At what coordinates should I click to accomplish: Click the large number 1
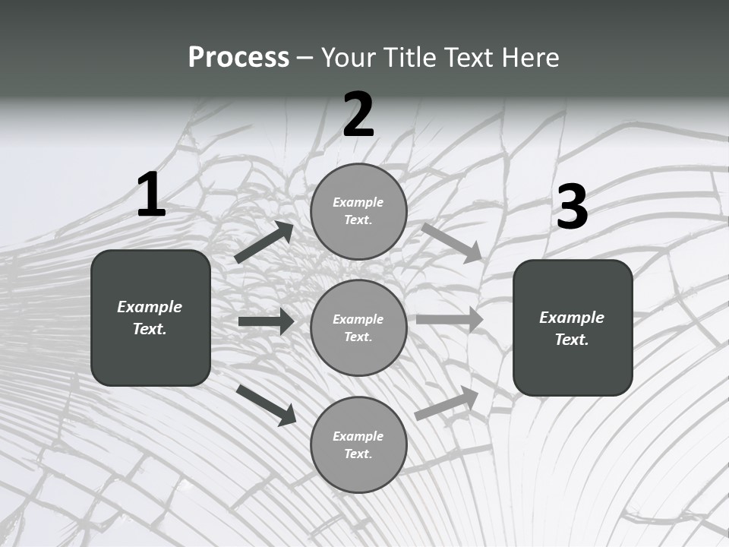(151, 195)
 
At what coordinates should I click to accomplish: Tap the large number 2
(358, 115)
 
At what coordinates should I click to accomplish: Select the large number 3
(572, 207)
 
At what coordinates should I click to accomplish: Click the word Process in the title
(238, 57)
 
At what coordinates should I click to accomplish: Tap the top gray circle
(358, 211)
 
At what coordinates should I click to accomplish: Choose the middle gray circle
(358, 328)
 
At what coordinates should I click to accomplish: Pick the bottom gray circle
(358, 445)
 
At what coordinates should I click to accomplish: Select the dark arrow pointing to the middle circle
(266, 321)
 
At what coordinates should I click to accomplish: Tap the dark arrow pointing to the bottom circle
(266, 404)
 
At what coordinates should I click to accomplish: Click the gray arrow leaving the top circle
(452, 242)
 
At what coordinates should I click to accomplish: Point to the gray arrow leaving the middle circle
(450, 319)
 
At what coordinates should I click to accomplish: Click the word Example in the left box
(150, 307)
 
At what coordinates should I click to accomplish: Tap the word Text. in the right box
(572, 340)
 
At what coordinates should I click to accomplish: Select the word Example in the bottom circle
(358, 436)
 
